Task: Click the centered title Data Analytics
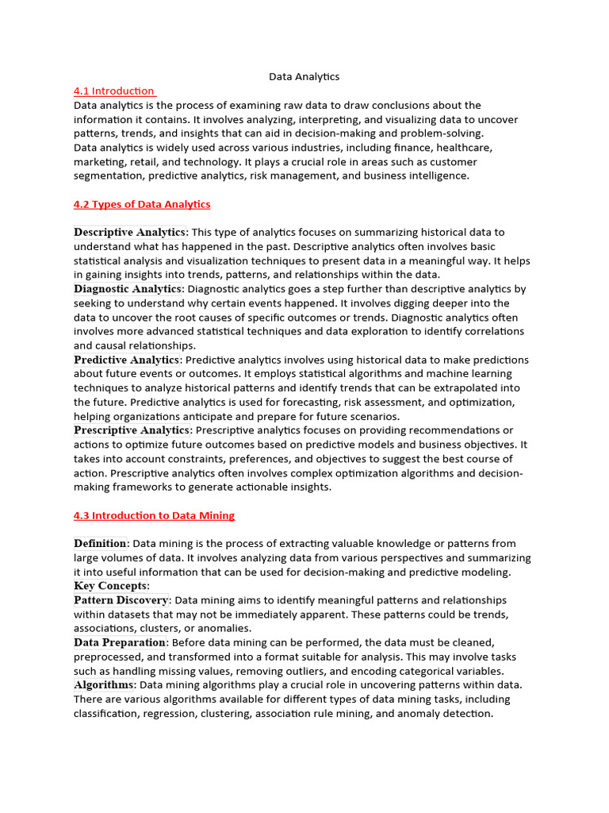(x=304, y=77)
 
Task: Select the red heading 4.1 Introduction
(x=114, y=91)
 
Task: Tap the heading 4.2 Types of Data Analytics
(x=142, y=204)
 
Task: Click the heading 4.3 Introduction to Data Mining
(x=154, y=515)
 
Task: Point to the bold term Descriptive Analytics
(x=130, y=233)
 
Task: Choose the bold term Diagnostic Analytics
(x=128, y=289)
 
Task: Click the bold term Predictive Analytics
(x=127, y=360)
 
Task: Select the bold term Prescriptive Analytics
(x=132, y=430)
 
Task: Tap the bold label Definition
(x=100, y=544)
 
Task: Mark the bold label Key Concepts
(x=110, y=586)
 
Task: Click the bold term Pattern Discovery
(x=121, y=600)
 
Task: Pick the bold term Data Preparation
(x=120, y=642)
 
